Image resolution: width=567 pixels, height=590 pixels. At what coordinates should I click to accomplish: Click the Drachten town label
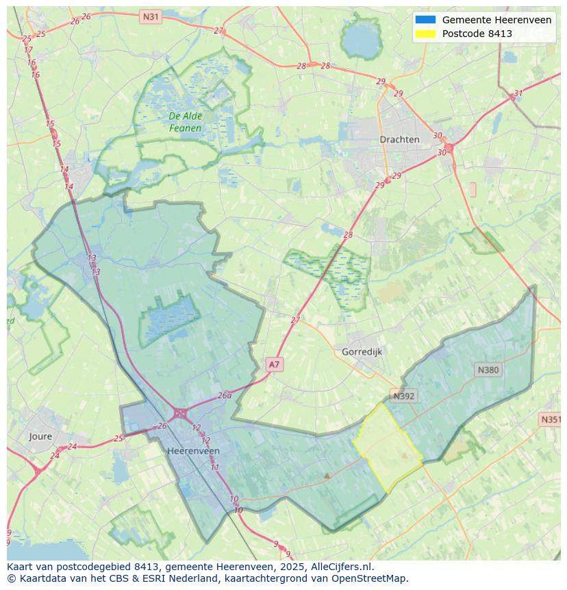point(399,139)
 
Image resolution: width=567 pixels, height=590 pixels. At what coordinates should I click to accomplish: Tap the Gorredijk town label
point(362,352)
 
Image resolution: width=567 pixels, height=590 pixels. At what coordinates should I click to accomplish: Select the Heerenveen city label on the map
point(193,451)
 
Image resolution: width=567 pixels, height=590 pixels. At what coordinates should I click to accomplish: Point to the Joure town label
point(40,437)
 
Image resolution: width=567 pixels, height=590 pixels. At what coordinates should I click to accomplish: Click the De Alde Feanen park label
point(186,122)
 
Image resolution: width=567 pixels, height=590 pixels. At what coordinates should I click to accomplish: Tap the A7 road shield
point(274,365)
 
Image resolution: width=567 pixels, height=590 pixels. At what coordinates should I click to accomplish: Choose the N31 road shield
point(150,16)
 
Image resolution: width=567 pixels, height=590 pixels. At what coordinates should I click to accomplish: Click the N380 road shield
point(488,370)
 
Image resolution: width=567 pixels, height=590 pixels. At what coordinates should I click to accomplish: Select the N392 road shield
point(403,396)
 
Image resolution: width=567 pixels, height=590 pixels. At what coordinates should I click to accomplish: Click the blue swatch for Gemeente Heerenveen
point(425,20)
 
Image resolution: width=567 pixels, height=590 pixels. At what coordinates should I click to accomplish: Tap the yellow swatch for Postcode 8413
point(425,34)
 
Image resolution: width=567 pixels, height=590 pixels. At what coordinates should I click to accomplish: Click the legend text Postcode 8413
point(477,34)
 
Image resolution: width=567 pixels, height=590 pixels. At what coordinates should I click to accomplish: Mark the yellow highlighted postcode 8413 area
point(388,447)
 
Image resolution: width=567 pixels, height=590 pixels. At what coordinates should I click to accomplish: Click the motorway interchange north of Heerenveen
point(181,413)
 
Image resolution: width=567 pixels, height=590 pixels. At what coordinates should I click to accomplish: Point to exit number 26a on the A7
point(225,395)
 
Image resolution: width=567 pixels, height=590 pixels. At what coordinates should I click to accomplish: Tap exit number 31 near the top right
point(518,94)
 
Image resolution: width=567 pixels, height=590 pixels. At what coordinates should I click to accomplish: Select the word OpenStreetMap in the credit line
point(373,578)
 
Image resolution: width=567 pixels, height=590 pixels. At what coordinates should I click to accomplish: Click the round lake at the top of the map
point(361,41)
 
